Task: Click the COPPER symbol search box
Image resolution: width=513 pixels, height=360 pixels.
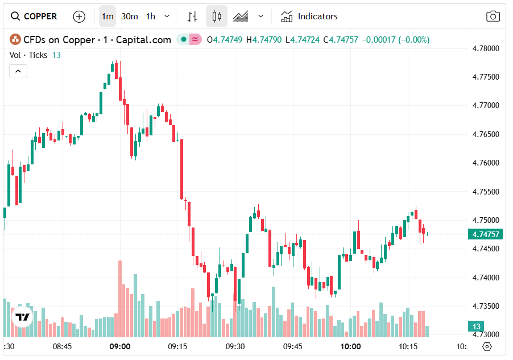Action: coord(35,16)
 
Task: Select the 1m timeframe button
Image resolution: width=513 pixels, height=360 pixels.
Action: coord(107,16)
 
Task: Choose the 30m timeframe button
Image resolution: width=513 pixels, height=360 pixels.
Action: coord(129,16)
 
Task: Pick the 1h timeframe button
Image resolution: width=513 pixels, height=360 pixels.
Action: coord(150,16)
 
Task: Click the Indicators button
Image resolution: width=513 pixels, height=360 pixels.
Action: coord(309,16)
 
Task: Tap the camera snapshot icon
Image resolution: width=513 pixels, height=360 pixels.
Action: coord(493,16)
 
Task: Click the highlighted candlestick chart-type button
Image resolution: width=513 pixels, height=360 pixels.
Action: coord(216,16)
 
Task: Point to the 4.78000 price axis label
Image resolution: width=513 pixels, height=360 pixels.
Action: coord(486,48)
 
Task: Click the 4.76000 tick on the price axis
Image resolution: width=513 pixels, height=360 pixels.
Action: coord(486,163)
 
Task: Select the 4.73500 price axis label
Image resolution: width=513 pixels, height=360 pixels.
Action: coord(486,306)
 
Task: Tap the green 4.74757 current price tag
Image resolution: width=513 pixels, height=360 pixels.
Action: coord(485,234)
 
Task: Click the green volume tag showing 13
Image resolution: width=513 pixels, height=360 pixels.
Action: coord(475,326)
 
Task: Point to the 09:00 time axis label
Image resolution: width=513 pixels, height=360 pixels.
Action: coord(120,346)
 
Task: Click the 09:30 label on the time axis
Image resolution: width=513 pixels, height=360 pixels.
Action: coord(235,346)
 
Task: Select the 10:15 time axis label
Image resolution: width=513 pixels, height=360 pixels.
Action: coord(408,346)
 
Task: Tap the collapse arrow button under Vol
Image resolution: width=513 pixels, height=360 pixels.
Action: coord(18,71)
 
